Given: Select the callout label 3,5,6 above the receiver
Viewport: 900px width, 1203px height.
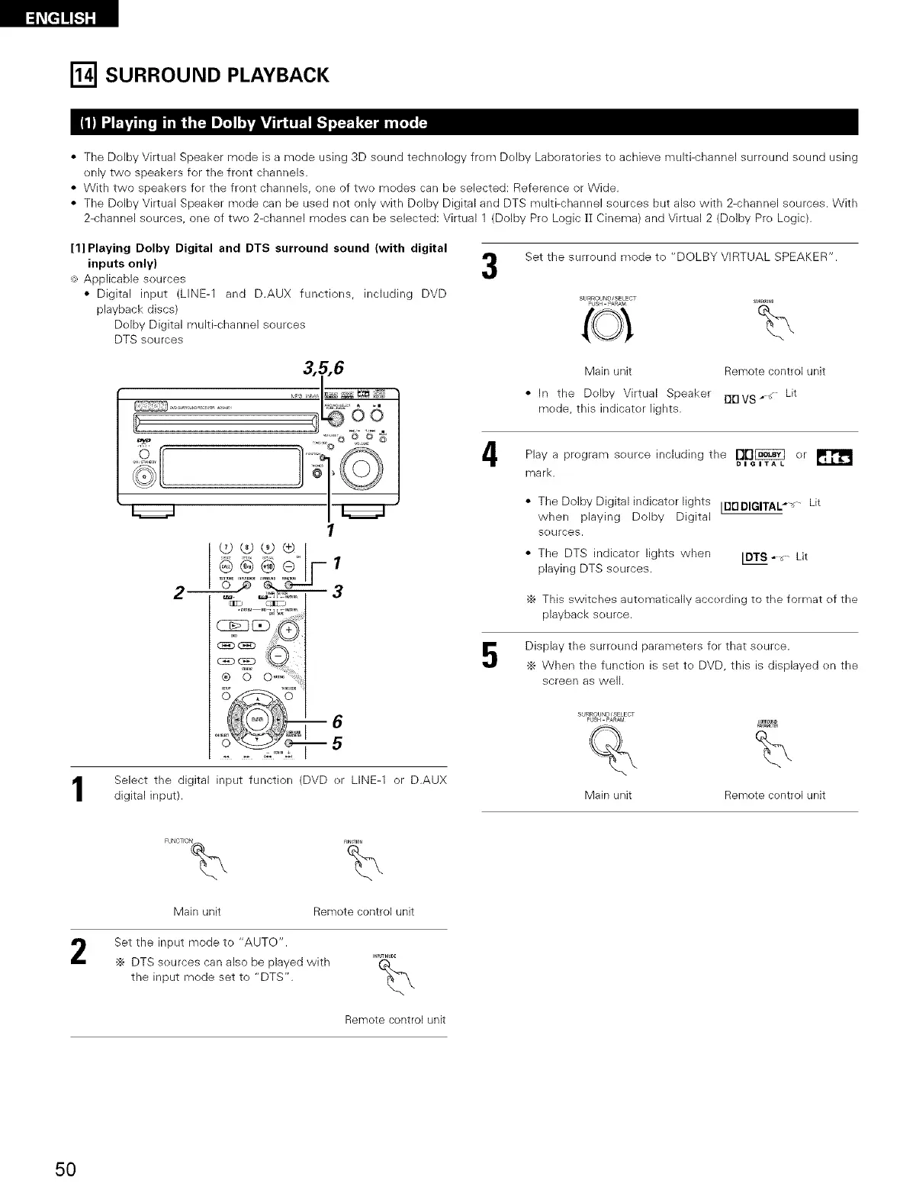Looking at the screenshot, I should point(323,368).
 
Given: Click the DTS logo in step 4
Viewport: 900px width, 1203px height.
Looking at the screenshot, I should point(835,457).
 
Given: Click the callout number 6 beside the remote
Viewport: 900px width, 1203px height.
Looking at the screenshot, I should point(337,721).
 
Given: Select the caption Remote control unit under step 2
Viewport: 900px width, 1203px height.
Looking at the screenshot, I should point(395,1020).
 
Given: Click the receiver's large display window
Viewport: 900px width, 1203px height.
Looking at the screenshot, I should point(236,467).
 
